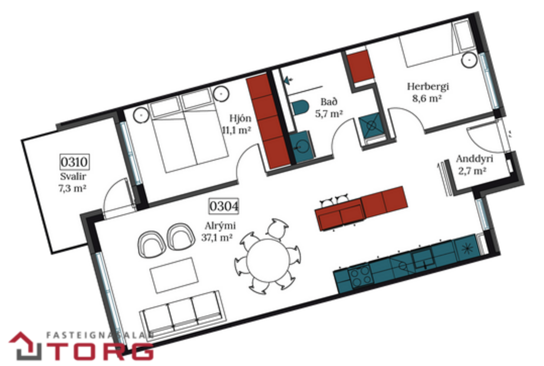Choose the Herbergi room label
coord(428,87)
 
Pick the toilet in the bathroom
coord(301,108)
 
